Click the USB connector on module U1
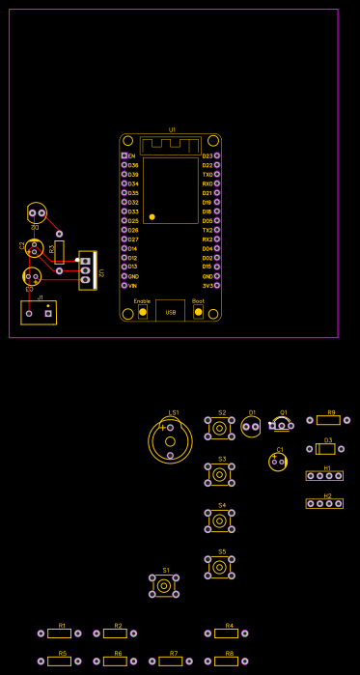pos(170,310)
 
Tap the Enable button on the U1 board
pos(143,312)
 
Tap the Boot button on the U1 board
pos(199,312)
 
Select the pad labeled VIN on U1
pos(124,286)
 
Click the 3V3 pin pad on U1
pos(217,286)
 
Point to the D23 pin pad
pos(217,155)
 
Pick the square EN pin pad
pos(124,155)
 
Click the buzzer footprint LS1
pos(170,440)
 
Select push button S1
pos(164,586)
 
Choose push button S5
pos(220,567)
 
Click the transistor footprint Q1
pos(281,424)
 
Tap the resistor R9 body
pos(328,420)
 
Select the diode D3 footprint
pos(325,449)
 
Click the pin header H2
pos(324,503)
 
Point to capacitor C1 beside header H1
pos(278,462)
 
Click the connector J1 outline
pos(39,312)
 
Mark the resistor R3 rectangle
pos(59,252)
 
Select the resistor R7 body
pos(170,661)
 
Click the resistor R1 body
pos(59,633)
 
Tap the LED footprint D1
pos(251,426)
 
